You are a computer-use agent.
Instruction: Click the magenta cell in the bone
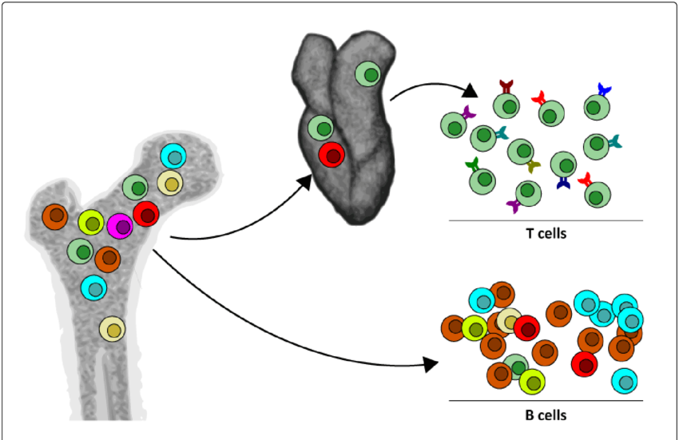(121, 226)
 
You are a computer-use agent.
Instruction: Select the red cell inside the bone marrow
(146, 214)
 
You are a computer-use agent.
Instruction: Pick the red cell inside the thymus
(331, 155)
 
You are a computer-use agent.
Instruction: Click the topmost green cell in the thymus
(367, 75)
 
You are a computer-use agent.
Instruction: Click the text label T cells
(546, 234)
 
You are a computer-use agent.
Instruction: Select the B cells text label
(546, 414)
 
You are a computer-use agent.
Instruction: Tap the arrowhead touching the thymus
(304, 182)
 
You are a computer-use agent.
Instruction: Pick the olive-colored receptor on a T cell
(534, 166)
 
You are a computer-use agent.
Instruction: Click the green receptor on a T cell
(472, 166)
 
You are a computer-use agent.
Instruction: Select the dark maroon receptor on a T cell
(506, 85)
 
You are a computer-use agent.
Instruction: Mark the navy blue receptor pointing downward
(563, 184)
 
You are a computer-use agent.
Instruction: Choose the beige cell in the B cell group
(510, 321)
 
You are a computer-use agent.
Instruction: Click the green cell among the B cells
(516, 366)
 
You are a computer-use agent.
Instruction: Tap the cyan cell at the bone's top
(173, 156)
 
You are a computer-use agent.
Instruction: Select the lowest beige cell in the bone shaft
(113, 328)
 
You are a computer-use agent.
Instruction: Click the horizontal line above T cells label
(546, 220)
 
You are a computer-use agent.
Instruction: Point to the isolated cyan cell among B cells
(624, 380)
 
